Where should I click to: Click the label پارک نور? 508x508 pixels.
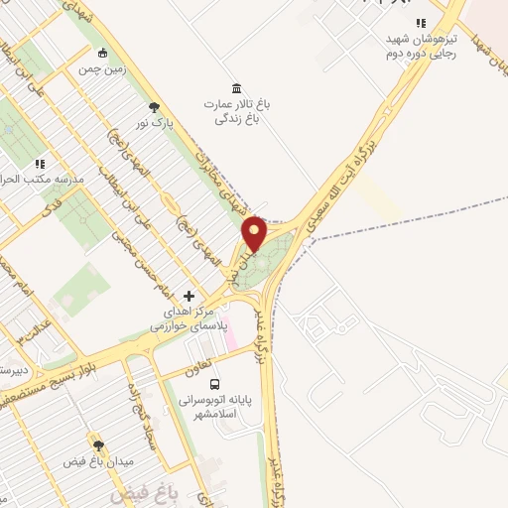pos(156,124)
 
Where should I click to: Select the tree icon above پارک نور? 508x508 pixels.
pos(155,107)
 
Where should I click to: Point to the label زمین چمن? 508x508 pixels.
pos(102,69)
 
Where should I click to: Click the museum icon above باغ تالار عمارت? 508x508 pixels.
pos(235,87)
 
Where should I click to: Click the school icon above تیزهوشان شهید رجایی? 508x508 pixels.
pos(421,23)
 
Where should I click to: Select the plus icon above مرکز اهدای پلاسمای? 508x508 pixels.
pos(189,296)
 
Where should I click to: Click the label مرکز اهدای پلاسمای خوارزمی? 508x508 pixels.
pos(189,318)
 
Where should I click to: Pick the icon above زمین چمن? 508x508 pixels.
pos(102,53)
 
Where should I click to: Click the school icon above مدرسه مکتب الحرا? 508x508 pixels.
pos(40,163)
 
